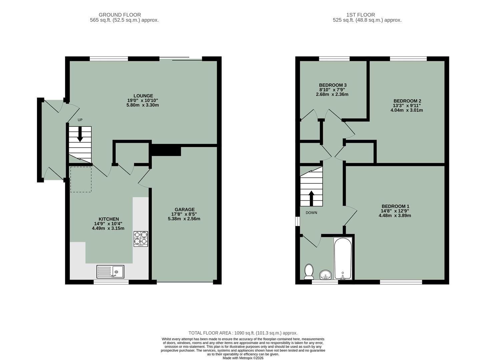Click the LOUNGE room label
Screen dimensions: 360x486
143,96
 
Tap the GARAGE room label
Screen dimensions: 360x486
184,210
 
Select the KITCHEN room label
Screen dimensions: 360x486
108,219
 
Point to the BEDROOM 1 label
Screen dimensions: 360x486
395,206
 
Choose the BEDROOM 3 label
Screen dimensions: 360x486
333,85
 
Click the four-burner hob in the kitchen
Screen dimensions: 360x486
141,238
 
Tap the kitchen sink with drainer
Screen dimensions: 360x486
110,272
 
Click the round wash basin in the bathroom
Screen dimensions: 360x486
325,275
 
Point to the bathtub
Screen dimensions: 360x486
343,259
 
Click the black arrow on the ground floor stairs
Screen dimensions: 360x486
80,135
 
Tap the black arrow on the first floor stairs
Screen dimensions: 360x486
312,198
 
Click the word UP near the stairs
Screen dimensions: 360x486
80,120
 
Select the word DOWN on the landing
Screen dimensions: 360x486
311,213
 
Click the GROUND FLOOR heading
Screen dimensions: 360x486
120,15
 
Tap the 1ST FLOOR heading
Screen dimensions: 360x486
360,15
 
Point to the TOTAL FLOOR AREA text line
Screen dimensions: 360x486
243,333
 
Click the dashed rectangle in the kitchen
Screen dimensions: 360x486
81,179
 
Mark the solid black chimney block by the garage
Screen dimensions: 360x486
166,150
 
